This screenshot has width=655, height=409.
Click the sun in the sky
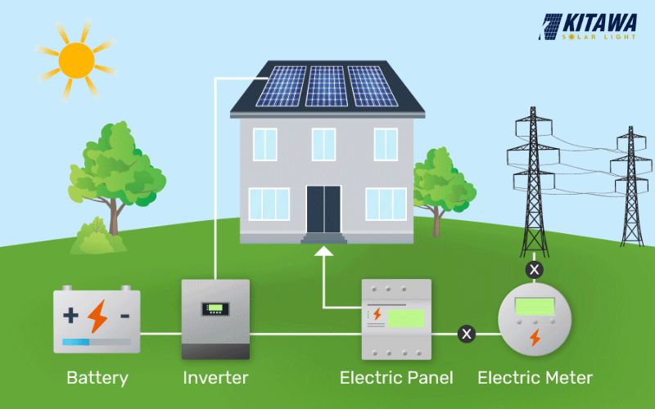click(x=76, y=59)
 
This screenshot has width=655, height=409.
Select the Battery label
click(x=97, y=378)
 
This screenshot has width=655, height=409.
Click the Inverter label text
click(x=215, y=378)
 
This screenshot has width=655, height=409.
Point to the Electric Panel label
click(x=396, y=378)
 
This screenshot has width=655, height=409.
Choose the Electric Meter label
click(x=535, y=378)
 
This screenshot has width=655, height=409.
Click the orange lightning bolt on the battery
click(x=98, y=316)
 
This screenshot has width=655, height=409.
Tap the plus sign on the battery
click(x=72, y=315)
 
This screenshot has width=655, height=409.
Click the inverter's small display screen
click(x=215, y=309)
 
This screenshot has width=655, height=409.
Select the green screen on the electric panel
click(x=405, y=318)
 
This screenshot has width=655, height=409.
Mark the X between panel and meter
click(x=467, y=334)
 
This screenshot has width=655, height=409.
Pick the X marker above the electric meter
click(x=535, y=268)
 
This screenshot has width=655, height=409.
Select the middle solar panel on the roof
click(x=327, y=86)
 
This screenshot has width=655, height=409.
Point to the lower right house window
click(x=386, y=204)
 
